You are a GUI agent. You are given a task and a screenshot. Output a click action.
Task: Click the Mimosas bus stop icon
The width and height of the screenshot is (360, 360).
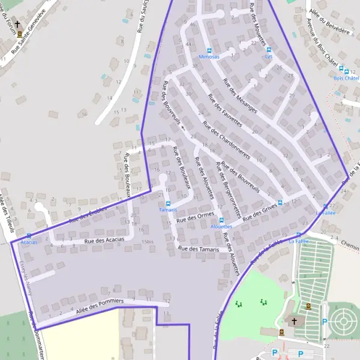(x=209, y=50)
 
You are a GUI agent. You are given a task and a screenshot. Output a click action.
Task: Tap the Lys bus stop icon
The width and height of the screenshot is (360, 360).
(x=269, y=50)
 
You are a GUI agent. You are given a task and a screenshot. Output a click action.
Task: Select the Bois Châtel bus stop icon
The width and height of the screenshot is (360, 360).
(x=341, y=71)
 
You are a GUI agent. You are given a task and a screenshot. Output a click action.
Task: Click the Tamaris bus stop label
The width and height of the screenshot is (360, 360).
(x=168, y=209)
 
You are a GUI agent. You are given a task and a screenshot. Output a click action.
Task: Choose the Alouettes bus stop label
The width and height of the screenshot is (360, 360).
(x=221, y=226)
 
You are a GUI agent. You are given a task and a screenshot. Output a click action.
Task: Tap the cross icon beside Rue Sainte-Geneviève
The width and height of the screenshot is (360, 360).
(x=18, y=25)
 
